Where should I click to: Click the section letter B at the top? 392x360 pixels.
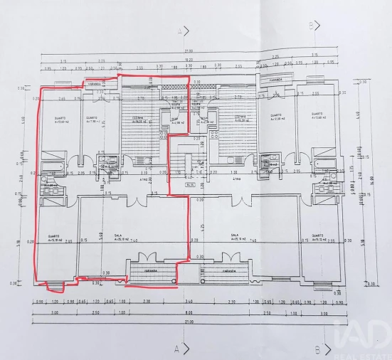[x=310, y=26]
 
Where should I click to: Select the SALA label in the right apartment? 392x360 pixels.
[x=233, y=234]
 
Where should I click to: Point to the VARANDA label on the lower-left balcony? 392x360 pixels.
[x=151, y=271]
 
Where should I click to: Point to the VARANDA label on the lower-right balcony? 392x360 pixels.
[x=228, y=271]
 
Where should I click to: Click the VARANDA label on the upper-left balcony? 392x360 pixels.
[x=96, y=84]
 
